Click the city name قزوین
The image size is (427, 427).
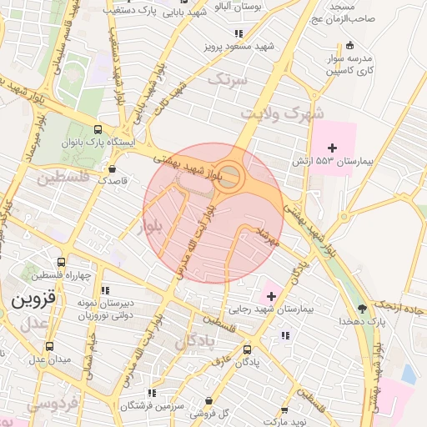(31, 297)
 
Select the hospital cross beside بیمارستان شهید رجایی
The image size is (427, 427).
(270, 295)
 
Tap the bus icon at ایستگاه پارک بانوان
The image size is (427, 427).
(99, 129)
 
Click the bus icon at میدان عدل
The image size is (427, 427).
(49, 345)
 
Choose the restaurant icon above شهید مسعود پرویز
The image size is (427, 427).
(239, 33)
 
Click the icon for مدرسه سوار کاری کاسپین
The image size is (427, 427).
(349, 44)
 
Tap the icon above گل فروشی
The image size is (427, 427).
(208, 401)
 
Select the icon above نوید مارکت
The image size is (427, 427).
(285, 410)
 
